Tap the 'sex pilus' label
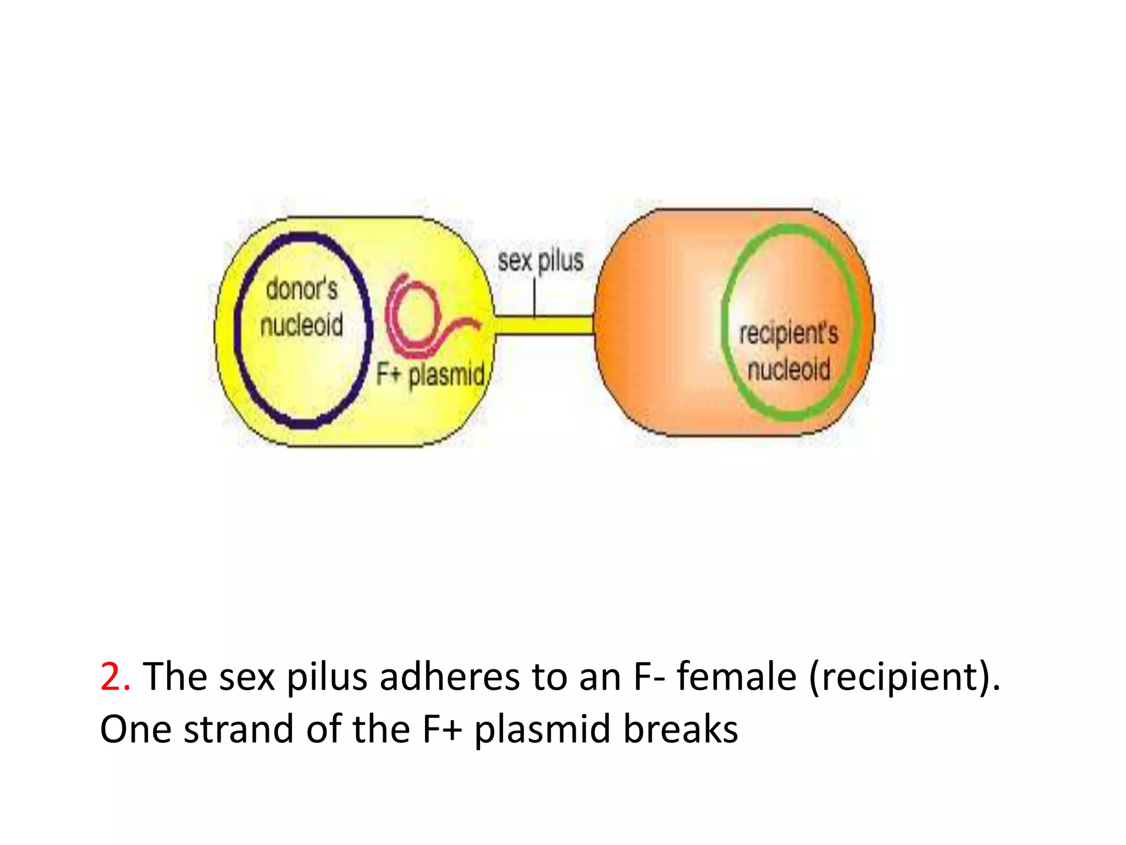tap(540, 260)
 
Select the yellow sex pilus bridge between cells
tap(544, 325)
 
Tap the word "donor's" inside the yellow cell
tap(301, 289)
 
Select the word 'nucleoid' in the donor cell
tap(301, 325)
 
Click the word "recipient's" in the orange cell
tap(788, 333)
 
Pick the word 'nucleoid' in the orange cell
tap(788, 369)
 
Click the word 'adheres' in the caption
tap(449, 677)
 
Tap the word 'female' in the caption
tap(736, 677)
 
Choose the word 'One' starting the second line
tap(135, 729)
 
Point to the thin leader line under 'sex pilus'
tap(534, 297)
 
